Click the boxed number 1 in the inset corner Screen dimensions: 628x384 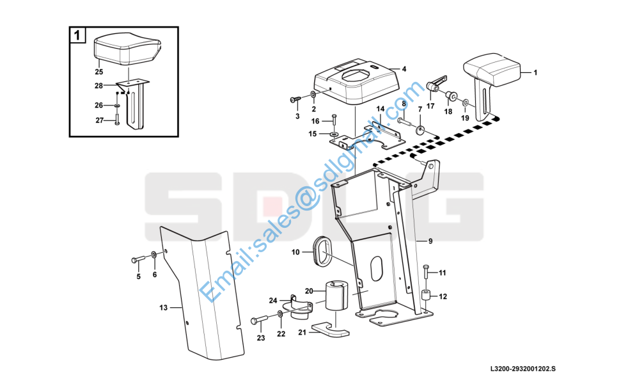pos(77,35)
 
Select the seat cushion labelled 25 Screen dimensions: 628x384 pos(128,50)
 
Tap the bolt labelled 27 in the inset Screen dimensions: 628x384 pos(117,119)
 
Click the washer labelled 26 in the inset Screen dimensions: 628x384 pos(117,106)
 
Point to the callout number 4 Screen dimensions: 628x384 pos(404,69)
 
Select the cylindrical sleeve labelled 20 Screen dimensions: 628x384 pos(337,295)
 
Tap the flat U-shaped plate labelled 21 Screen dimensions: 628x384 pos(330,329)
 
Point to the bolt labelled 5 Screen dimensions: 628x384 pos(139,259)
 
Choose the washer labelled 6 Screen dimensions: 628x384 pos(154,255)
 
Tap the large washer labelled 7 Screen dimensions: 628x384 pos(420,130)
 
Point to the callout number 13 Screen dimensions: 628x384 pos(164,307)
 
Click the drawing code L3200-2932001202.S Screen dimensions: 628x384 pos(523,369)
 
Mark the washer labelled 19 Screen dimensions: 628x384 pos(465,103)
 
